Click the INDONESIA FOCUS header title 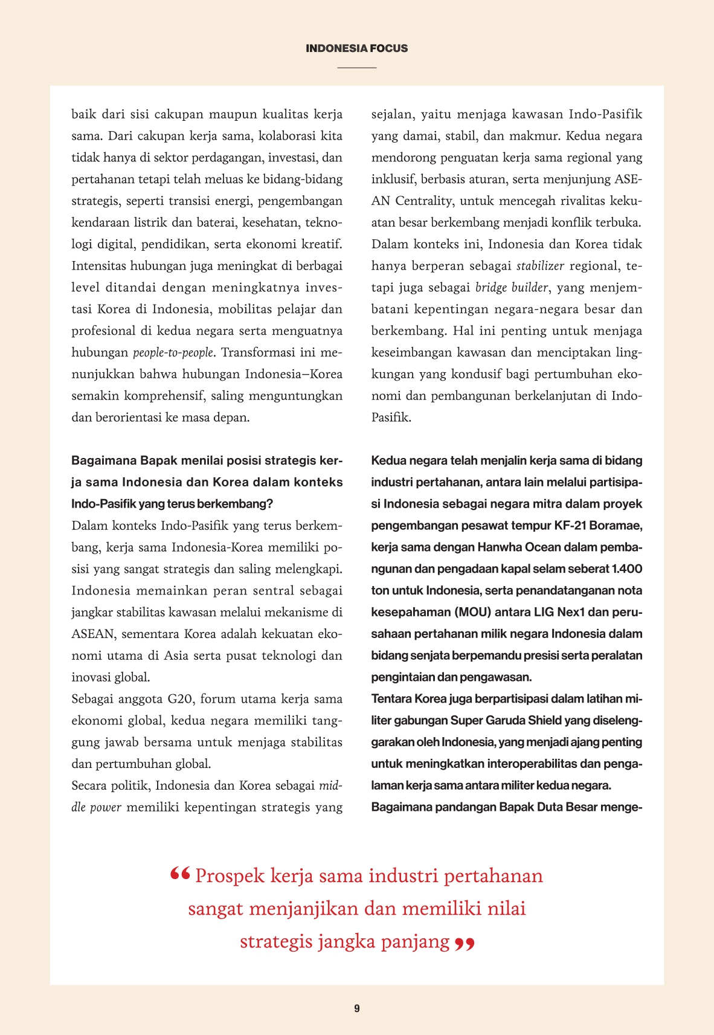click(x=356, y=48)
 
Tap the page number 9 click(x=357, y=1008)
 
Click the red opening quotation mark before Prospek click(x=180, y=874)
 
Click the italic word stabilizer click(x=541, y=266)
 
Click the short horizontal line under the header click(x=356, y=67)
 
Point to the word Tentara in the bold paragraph click(x=391, y=699)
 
